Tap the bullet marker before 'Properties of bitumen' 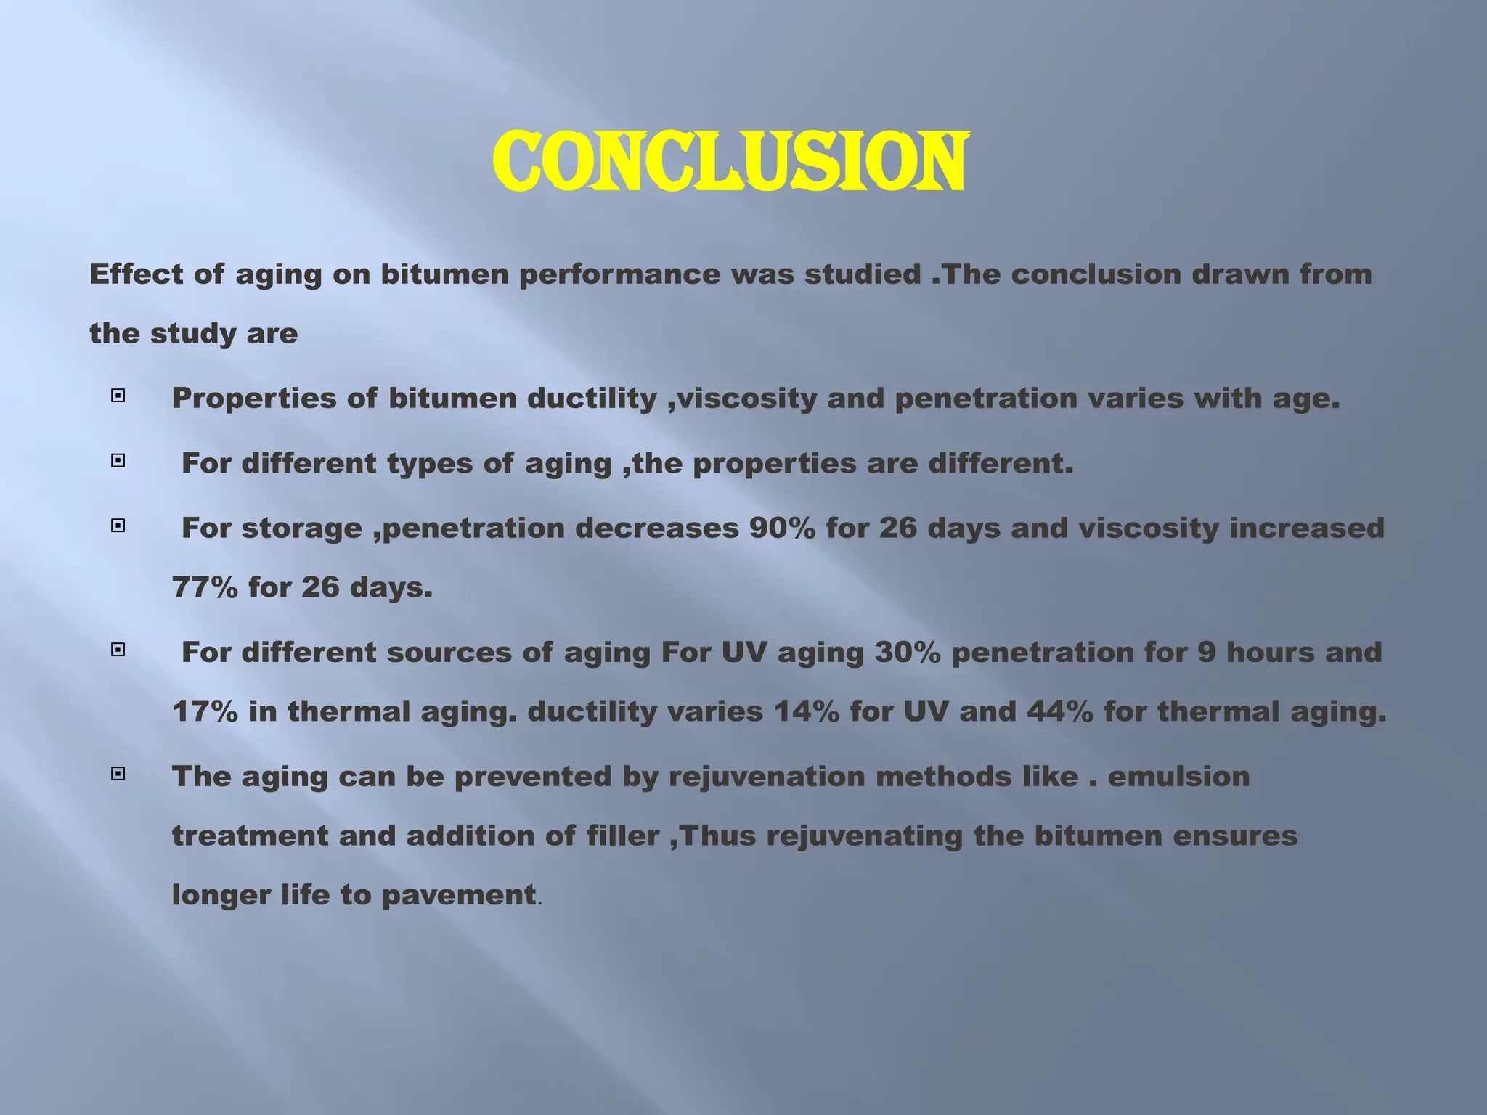coord(118,396)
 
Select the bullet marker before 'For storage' coord(118,526)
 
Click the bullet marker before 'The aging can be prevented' coord(118,774)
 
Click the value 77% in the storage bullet coord(205,587)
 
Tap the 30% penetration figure coord(908,652)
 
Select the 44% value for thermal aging coord(1060,711)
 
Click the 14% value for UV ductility coord(806,711)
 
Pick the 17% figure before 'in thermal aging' coord(205,711)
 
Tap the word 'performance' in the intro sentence coord(619,274)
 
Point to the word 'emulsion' coord(1178,777)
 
